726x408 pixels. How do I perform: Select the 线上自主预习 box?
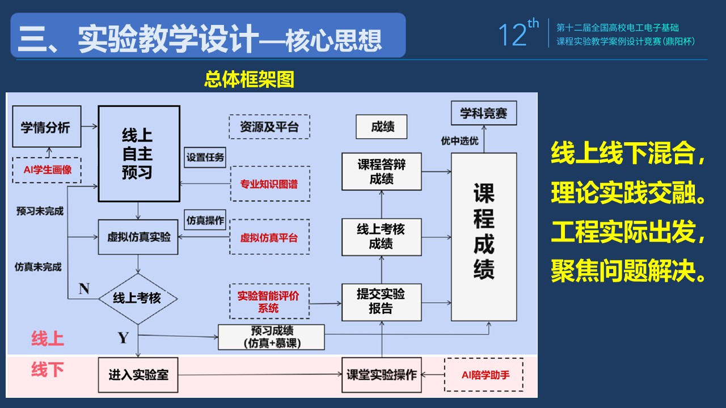coord(139,154)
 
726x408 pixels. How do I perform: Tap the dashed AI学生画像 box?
coord(47,170)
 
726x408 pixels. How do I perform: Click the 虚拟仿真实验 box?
coord(138,237)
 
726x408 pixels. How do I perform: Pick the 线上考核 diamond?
coord(138,297)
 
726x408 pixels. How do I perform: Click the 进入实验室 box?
coord(138,375)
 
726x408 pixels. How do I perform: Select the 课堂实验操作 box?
coord(382,375)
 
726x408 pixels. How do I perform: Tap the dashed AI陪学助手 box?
coord(484,375)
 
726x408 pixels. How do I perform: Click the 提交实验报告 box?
coord(382,301)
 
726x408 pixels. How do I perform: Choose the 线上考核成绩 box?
coord(382,236)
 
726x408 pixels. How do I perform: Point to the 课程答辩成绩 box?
coord(382,171)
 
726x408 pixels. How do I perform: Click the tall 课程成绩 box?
coord(484,237)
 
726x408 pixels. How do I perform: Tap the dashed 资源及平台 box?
coord(269,126)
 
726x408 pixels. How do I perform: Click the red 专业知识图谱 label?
coord(269,184)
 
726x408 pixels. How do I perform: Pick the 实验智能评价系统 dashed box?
coord(269,301)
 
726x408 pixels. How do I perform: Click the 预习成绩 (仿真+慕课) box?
coord(271,337)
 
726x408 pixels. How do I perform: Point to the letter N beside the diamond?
coord(84,289)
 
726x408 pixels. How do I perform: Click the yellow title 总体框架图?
coord(250,79)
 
